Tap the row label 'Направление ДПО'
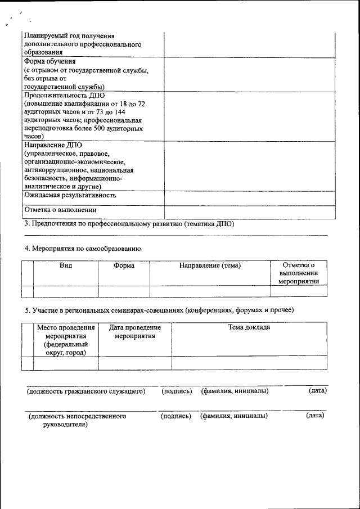point(53,145)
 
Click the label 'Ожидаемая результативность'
point(70,195)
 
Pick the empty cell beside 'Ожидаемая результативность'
point(249,197)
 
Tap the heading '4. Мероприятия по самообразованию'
point(83,248)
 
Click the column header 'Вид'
point(66,265)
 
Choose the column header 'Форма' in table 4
point(124,265)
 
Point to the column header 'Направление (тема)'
point(210,265)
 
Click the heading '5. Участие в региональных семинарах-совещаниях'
point(159,310)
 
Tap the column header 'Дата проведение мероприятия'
point(135,331)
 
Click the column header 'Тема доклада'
point(249,327)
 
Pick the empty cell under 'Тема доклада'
point(249,363)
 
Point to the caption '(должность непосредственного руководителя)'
point(77,420)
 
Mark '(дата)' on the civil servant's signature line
point(318,390)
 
